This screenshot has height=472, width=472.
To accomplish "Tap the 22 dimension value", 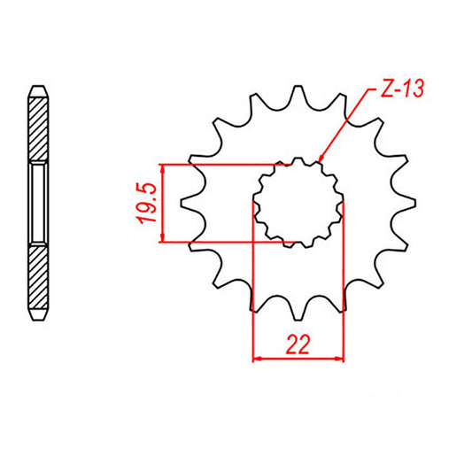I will point(298,345).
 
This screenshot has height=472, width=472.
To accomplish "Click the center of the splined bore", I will point(298,203).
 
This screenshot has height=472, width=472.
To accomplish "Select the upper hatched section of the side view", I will point(38,128).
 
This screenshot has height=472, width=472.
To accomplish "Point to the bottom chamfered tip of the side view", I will point(38,315).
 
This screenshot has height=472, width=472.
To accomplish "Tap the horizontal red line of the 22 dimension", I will point(298,359).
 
